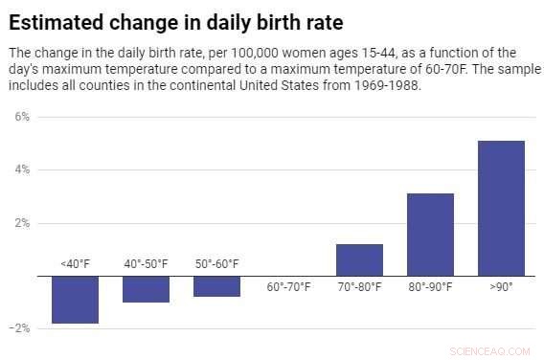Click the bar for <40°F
(76, 300)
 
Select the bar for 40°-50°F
(147, 289)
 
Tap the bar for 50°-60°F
(216, 286)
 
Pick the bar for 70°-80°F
(359, 259)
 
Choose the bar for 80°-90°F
(430, 235)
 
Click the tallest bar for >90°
(501, 208)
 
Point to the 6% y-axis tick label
(20, 116)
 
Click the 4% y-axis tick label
(20, 169)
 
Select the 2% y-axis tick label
(20, 223)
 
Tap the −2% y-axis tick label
(18, 328)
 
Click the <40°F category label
(76, 264)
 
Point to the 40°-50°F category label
(147, 264)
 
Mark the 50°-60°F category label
(216, 264)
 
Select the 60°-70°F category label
(288, 286)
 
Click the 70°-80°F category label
(359, 286)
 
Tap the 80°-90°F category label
(430, 286)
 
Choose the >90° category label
(501, 286)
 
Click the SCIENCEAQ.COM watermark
(494, 351)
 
